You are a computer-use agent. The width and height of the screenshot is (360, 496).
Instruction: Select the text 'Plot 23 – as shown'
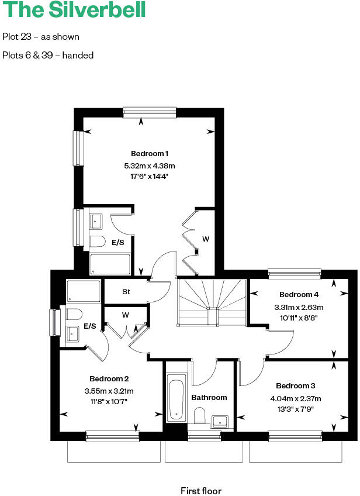click(x=41, y=37)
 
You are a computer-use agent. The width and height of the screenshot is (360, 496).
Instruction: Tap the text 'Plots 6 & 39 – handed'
click(x=48, y=56)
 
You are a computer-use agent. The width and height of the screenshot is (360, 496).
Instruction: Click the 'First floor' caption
click(x=201, y=491)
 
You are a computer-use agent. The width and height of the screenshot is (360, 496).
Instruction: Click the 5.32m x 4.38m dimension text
click(x=150, y=166)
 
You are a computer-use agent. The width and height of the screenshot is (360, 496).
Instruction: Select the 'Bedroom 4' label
click(x=299, y=295)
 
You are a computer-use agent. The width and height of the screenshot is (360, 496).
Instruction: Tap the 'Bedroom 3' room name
click(x=296, y=386)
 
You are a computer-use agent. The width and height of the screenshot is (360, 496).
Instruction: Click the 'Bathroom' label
click(x=209, y=398)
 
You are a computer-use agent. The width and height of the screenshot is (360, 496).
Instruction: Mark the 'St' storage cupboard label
click(x=126, y=291)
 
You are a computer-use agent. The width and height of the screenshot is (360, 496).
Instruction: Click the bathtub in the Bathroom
click(x=176, y=400)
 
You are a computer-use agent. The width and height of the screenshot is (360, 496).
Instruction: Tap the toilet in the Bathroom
click(x=200, y=415)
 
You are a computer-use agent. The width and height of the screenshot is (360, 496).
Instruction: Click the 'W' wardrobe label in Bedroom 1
click(x=206, y=239)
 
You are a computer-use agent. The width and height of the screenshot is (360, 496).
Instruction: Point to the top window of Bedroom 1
click(x=150, y=112)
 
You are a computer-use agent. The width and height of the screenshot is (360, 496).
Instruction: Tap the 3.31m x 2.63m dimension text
click(x=299, y=307)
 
